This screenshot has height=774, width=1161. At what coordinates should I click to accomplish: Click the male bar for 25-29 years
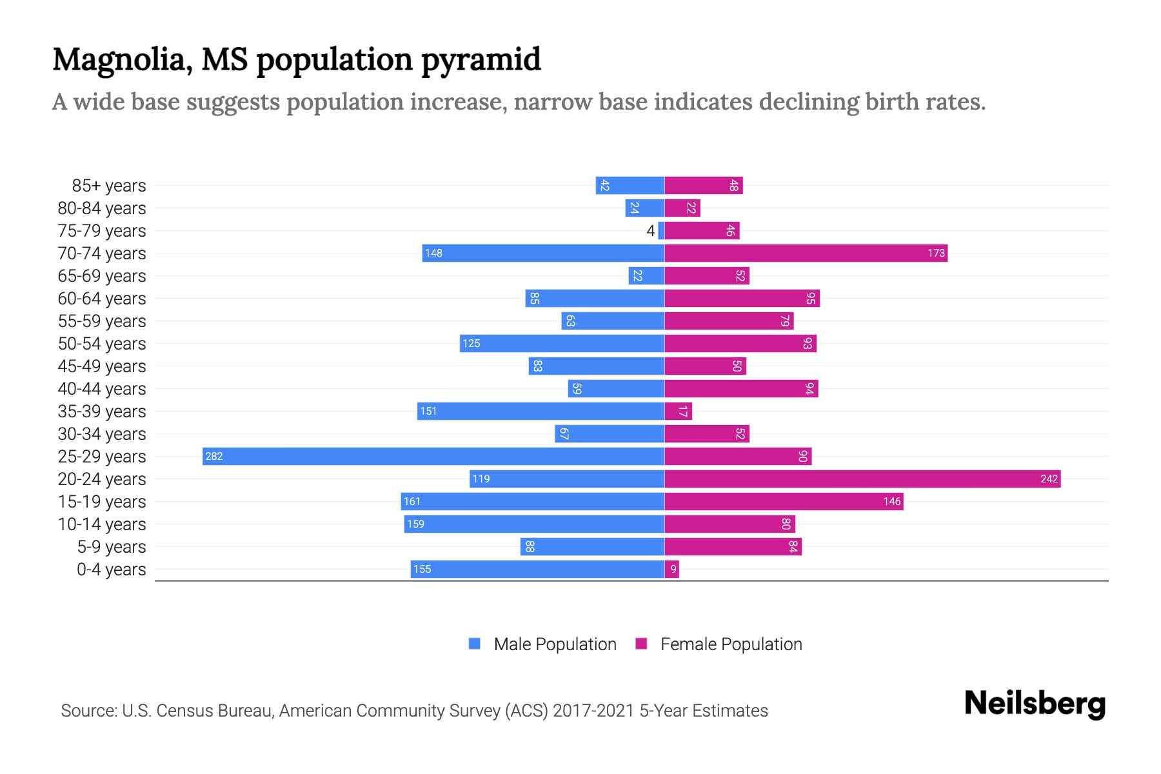(x=433, y=456)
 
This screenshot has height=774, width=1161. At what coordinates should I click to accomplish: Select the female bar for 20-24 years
(x=862, y=479)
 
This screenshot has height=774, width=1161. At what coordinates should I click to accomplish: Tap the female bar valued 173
(x=806, y=253)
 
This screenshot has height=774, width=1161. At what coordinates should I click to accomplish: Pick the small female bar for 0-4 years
(x=672, y=569)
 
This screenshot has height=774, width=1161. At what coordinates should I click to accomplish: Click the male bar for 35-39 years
(x=541, y=411)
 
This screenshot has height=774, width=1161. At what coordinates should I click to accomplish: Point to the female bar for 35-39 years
(x=679, y=411)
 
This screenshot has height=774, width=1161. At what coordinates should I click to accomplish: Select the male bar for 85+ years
(x=630, y=185)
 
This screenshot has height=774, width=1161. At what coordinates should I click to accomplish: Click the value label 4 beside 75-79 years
(x=650, y=231)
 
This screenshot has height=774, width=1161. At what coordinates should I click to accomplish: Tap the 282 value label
(x=214, y=457)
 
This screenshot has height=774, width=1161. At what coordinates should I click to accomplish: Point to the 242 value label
(x=1049, y=479)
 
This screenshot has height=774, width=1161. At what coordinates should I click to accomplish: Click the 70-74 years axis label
(x=102, y=253)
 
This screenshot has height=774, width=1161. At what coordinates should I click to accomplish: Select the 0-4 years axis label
(x=111, y=570)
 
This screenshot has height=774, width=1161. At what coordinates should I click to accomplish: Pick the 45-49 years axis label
(x=102, y=366)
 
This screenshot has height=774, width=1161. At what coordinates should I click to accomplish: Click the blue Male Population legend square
(x=475, y=644)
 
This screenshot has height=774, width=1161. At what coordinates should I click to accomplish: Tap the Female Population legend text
(x=731, y=644)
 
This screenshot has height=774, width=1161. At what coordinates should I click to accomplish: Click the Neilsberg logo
(x=1035, y=704)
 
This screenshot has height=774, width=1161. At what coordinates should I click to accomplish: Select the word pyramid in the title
(x=481, y=60)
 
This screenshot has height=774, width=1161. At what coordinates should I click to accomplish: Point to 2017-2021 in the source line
(x=593, y=711)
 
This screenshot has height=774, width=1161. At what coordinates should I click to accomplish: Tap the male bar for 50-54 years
(x=562, y=343)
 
